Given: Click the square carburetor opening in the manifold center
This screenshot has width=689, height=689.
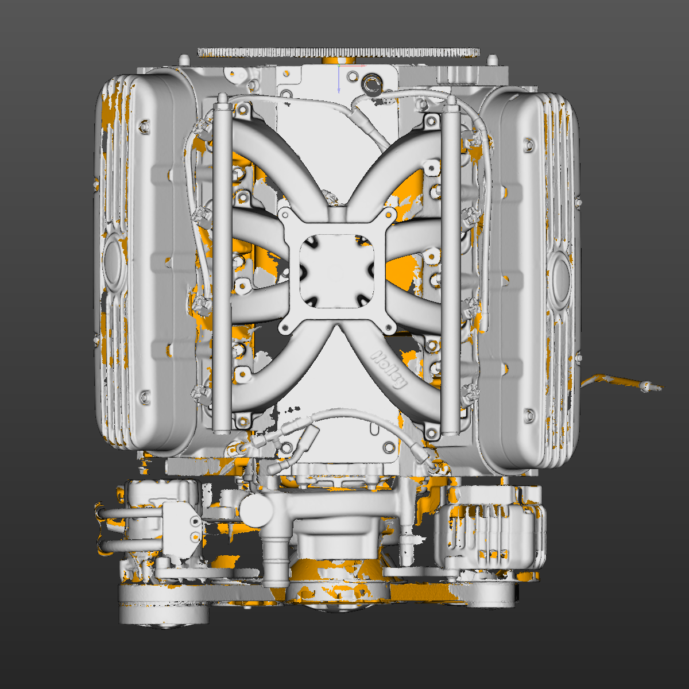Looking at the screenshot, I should pos(336,270).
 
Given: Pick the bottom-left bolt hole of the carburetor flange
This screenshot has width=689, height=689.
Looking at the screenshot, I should pos(284,328).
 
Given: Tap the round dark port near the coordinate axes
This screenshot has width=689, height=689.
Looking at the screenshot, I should pos(372,84).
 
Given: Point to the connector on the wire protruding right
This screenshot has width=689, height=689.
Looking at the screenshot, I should pos(648,387).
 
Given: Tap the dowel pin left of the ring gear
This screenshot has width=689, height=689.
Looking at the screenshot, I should pos(184,60).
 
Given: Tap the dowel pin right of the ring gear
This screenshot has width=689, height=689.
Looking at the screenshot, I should pos(493,59).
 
